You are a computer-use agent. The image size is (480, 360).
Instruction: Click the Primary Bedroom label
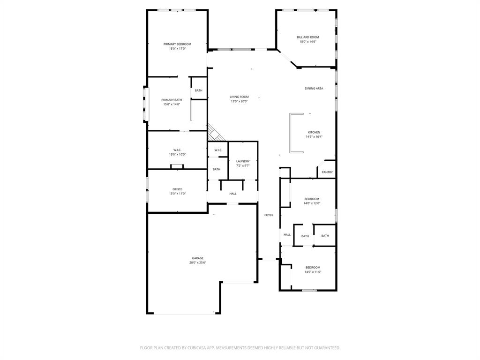point(177,44)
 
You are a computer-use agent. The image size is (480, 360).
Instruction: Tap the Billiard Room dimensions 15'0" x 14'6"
point(308,42)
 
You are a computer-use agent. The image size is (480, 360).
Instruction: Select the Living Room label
point(239,97)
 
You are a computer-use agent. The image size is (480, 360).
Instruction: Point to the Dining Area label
point(314,88)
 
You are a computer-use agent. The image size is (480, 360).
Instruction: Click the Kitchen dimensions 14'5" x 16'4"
point(314,137)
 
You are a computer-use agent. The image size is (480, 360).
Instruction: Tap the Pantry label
point(327,172)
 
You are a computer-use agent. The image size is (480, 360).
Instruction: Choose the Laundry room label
point(243,161)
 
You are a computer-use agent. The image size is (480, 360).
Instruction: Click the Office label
point(177,189)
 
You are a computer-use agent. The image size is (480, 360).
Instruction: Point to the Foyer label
point(269,215)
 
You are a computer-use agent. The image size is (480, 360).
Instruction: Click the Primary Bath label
point(172,100)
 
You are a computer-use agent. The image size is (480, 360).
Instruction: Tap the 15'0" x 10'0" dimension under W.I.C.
point(177,154)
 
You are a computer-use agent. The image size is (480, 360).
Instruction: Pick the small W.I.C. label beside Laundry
point(218,150)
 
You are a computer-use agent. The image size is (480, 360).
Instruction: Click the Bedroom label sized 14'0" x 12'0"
point(312,199)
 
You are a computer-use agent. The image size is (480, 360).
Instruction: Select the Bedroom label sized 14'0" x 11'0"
point(313,267)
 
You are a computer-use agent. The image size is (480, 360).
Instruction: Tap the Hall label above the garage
point(233,194)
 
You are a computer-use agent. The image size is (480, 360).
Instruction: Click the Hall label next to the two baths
point(287,235)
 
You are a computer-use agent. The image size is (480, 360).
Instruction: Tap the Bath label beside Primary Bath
point(199,90)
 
